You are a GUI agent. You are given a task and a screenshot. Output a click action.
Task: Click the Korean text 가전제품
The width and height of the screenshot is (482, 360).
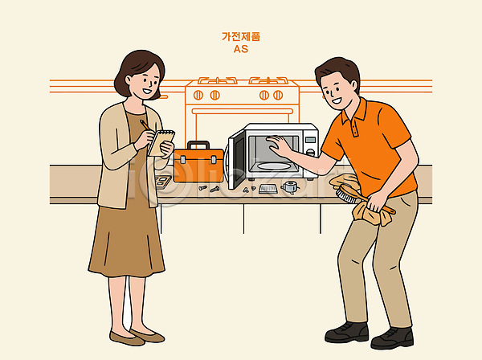pyautogui.click(x=241, y=37)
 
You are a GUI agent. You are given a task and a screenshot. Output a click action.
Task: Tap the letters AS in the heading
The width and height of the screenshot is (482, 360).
pyautogui.click(x=241, y=49)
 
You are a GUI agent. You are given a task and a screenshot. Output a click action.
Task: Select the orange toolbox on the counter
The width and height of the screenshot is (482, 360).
pyautogui.click(x=198, y=162)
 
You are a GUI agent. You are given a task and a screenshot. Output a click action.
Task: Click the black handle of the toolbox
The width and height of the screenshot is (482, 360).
pyautogui.click(x=198, y=145)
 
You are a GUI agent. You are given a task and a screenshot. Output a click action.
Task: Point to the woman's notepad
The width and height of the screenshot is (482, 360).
pyautogui.click(x=161, y=143)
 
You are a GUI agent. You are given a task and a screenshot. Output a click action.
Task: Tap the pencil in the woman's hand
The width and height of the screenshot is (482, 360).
pyautogui.click(x=145, y=125)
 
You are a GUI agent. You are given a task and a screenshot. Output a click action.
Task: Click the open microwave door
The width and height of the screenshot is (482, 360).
pyautogui.click(x=235, y=160)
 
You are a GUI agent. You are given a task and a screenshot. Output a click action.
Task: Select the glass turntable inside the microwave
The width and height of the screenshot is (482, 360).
pyautogui.click(x=273, y=166)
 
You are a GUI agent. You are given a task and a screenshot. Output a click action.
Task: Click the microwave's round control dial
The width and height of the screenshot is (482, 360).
pyautogui.click(x=310, y=152)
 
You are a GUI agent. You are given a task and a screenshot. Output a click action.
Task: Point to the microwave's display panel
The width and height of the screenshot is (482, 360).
pyautogui.click(x=310, y=140)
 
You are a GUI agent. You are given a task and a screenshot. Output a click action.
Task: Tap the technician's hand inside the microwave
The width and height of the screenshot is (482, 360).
pyautogui.click(x=278, y=145)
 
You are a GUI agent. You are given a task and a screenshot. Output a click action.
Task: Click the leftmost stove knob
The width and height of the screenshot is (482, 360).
pyautogui.click(x=198, y=96)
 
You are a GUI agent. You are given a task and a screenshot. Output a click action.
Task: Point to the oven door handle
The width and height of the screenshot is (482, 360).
pyautogui.click(x=242, y=111)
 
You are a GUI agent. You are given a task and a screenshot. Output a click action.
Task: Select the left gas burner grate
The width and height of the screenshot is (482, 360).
pyautogui.click(x=218, y=80)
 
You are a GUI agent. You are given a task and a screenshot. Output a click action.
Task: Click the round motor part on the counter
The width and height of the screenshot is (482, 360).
pyautogui.click(x=289, y=186)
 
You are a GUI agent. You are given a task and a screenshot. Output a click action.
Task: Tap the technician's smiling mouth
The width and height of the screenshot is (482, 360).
pyautogui.click(x=336, y=100)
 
